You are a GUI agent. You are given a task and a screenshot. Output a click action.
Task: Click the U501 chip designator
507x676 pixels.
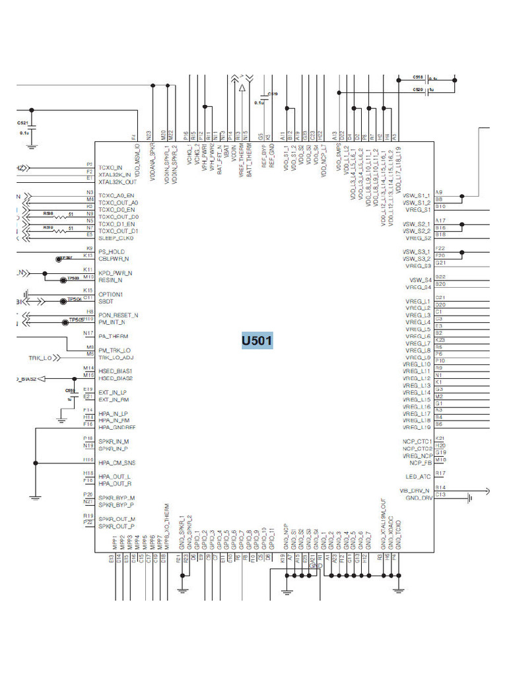click(x=257, y=341)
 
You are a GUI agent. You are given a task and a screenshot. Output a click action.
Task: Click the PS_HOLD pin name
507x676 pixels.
click(x=111, y=252)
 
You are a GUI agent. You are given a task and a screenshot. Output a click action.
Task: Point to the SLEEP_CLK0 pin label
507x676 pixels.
click(x=116, y=238)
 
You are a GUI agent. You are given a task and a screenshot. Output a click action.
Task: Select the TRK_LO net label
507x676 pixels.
click(x=40, y=358)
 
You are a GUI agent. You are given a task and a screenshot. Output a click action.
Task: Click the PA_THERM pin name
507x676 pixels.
click(x=113, y=336)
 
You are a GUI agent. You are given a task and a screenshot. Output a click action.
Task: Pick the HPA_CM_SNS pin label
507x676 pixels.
click(x=116, y=463)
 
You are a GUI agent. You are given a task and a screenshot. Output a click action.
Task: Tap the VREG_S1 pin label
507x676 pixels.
click(x=418, y=209)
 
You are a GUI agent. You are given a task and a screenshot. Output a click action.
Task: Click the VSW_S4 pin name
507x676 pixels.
click(x=419, y=281)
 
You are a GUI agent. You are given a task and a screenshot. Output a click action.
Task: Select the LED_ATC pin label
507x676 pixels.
click(x=418, y=476)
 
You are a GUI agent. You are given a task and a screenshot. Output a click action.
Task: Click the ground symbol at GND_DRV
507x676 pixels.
click(x=469, y=498)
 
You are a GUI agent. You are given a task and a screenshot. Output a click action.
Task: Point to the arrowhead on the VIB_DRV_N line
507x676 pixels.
click(x=487, y=490)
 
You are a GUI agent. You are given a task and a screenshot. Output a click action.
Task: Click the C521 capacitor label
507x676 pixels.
click(x=22, y=123)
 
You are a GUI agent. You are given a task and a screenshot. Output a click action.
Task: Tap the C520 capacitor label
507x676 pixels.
click(x=418, y=89)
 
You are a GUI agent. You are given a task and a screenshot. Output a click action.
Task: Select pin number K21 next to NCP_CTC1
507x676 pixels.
click(x=440, y=438)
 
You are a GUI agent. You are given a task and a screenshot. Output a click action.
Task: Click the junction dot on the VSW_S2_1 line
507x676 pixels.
click(x=463, y=224)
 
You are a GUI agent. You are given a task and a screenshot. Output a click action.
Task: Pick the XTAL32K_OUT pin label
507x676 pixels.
click(x=117, y=182)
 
